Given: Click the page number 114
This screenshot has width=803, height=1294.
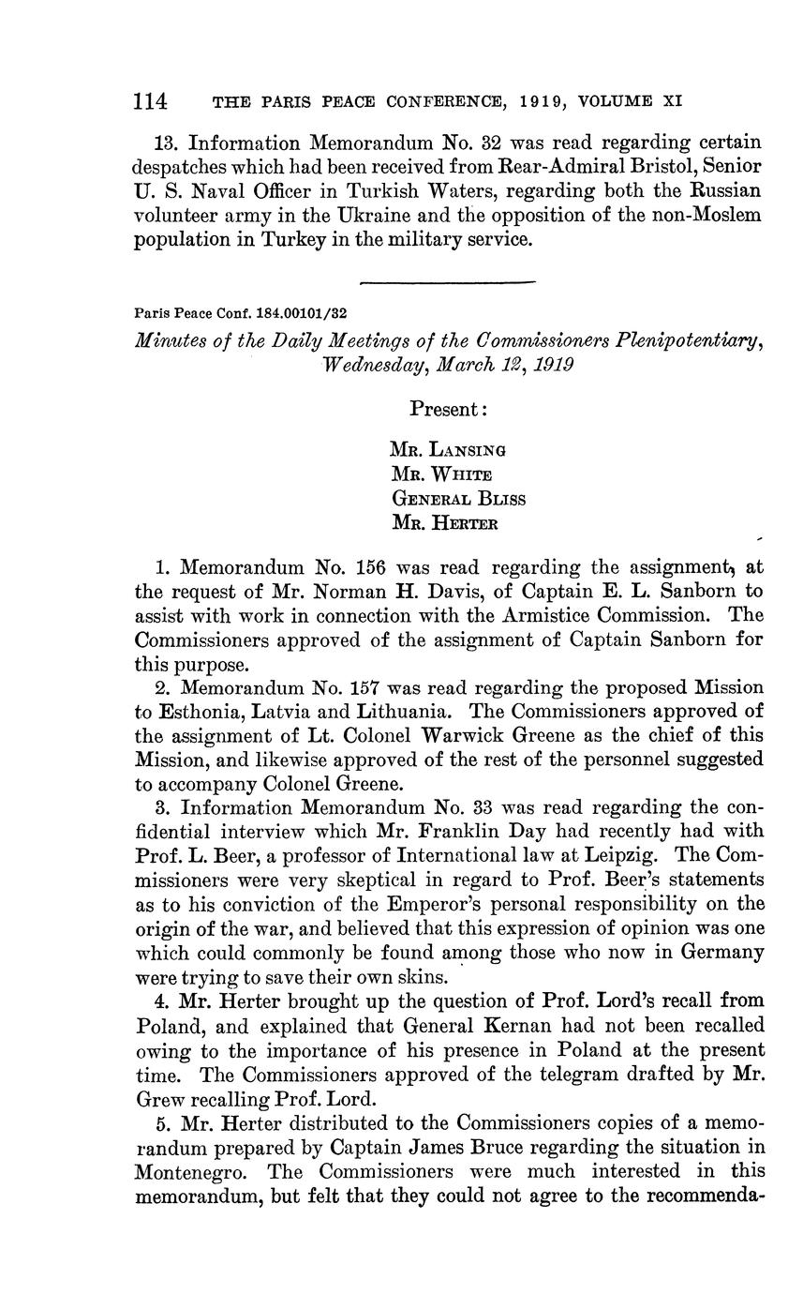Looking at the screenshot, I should pos(150,99).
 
